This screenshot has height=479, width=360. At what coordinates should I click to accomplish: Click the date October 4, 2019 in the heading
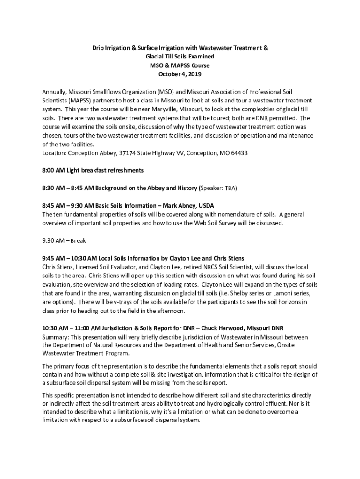tap(180, 74)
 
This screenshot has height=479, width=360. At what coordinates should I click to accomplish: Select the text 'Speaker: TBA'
tap(219, 188)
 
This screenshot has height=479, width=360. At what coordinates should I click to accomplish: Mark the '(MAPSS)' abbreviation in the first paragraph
tap(78, 101)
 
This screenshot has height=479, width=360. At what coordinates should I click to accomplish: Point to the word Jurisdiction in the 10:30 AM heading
tap(115, 328)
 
